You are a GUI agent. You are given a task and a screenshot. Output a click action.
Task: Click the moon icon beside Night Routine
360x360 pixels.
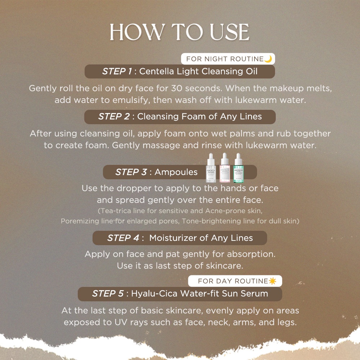[268, 59]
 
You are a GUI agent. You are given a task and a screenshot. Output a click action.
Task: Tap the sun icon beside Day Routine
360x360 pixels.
[273, 281]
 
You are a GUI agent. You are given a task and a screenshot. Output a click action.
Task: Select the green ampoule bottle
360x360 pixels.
[239, 168]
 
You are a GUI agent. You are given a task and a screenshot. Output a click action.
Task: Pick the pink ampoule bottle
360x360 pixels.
[225, 168]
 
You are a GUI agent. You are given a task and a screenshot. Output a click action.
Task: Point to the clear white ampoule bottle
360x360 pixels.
[211, 168]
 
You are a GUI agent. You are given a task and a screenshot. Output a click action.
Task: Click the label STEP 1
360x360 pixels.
[117, 71]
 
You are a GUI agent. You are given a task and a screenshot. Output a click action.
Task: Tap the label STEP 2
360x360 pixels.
[114, 116]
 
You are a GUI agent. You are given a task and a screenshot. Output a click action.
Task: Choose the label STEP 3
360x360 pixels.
[131, 172]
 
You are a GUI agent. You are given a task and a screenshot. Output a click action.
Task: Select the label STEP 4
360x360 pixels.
[123, 238]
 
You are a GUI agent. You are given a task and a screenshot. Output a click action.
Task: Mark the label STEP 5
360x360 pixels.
[108, 293]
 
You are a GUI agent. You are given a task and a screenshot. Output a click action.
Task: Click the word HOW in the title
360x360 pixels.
[137, 32]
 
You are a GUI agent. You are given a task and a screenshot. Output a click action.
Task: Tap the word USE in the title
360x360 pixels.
[229, 32]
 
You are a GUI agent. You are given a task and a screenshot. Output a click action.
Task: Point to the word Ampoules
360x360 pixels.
[176, 172]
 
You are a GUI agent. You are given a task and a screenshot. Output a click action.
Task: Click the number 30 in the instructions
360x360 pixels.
[176, 88]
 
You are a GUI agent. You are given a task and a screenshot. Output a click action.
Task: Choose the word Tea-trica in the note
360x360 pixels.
[116, 211]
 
